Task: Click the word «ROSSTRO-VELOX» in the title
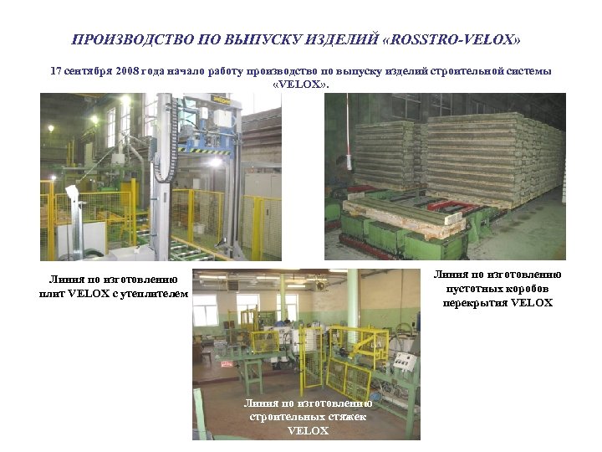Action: click(x=457, y=39)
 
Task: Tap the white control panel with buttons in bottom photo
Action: click(x=405, y=362)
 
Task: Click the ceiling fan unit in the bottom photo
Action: click(x=319, y=285)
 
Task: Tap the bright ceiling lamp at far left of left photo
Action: click(x=51, y=128)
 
